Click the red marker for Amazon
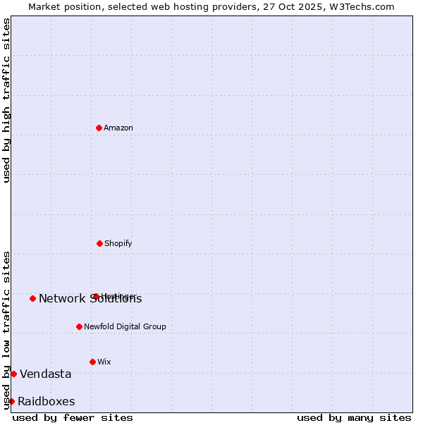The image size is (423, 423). (99, 128)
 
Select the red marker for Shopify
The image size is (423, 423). (99, 243)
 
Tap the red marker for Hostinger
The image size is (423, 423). (96, 296)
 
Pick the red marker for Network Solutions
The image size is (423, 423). (32, 298)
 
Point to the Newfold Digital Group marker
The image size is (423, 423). (79, 326)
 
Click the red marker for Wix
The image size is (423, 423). (92, 362)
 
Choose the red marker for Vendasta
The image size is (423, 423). (13, 374)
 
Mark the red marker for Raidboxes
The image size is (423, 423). (11, 401)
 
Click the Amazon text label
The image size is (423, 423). (118, 128)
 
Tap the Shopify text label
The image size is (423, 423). (118, 243)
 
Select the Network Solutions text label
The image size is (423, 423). (90, 299)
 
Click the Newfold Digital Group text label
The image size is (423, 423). (125, 326)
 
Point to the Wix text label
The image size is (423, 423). (104, 362)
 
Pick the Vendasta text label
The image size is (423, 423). (46, 374)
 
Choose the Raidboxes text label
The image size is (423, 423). (47, 402)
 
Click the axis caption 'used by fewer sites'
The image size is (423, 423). (73, 417)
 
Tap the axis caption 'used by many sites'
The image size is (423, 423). (354, 417)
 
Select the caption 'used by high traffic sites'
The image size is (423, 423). (6, 100)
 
